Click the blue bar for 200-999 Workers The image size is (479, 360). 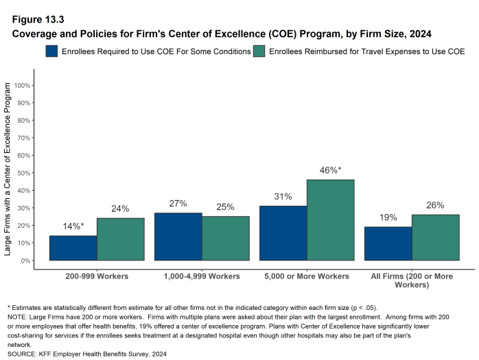(73, 248)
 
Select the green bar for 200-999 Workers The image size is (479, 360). (121, 239)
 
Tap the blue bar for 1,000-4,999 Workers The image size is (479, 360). (178, 237)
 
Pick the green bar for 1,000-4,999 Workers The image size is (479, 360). (225, 239)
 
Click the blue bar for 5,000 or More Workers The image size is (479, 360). (283, 233)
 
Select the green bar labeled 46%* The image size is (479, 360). (330, 220)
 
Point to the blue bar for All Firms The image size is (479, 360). (388, 243)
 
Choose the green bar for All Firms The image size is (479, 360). (435, 237)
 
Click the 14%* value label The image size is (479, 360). (73, 226)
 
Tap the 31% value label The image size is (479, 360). (283, 196)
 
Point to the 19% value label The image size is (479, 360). (388, 217)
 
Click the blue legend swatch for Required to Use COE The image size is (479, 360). (52, 51)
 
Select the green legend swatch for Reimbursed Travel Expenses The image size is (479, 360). (260, 51)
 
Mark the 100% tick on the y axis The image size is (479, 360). (22, 85)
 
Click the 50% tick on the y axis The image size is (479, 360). (23, 173)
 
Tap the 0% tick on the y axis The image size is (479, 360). (25, 261)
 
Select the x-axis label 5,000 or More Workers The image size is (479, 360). (307, 276)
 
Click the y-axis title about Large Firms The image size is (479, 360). (8, 169)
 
